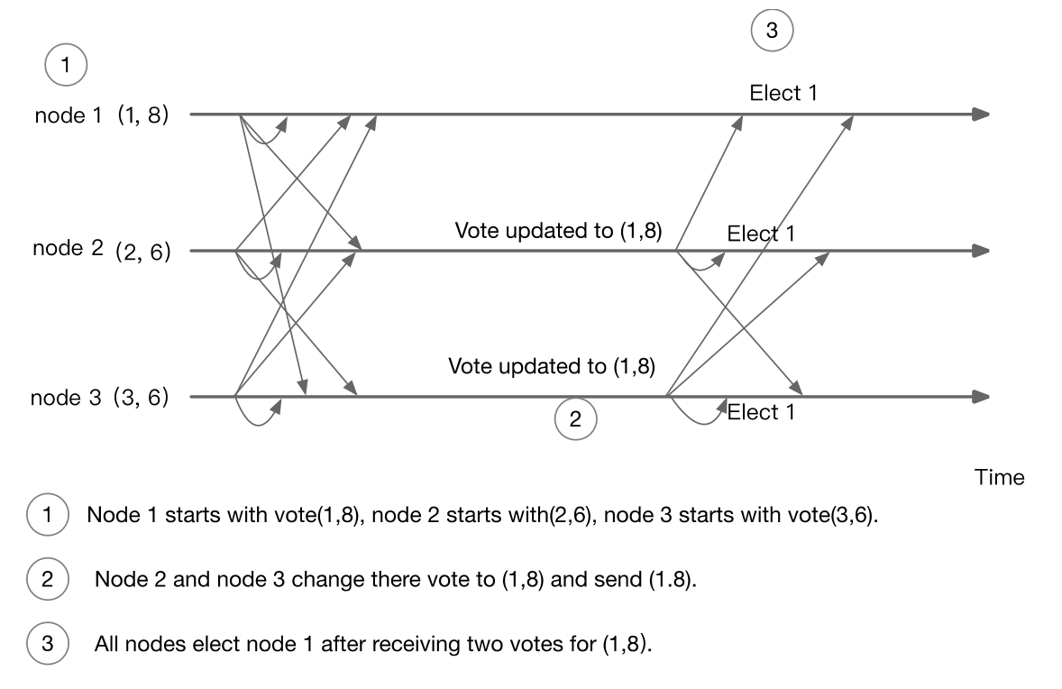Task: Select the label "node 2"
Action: coord(69,249)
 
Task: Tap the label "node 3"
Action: coord(67,397)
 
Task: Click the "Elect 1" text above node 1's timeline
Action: coord(783,93)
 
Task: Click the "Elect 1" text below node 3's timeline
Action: coord(761,413)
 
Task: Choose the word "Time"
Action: coord(1000,477)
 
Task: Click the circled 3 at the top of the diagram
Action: coord(772,31)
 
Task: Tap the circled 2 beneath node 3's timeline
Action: coord(576,418)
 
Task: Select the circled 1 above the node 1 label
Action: coord(64,65)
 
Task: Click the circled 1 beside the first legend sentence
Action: coord(46,516)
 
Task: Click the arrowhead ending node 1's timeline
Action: coord(981,115)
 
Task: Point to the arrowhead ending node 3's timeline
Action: coord(981,397)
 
